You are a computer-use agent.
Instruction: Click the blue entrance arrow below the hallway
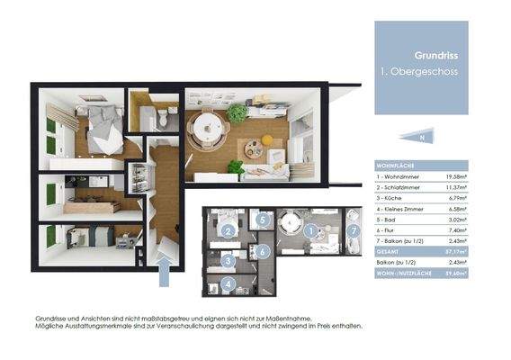pos(164,270)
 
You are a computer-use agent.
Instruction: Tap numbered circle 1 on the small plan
pos(311,231)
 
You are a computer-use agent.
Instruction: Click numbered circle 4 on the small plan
pos(229,285)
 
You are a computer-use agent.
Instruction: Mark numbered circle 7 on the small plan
pos(353,231)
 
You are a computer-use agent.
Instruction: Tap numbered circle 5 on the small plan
pos(262,219)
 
